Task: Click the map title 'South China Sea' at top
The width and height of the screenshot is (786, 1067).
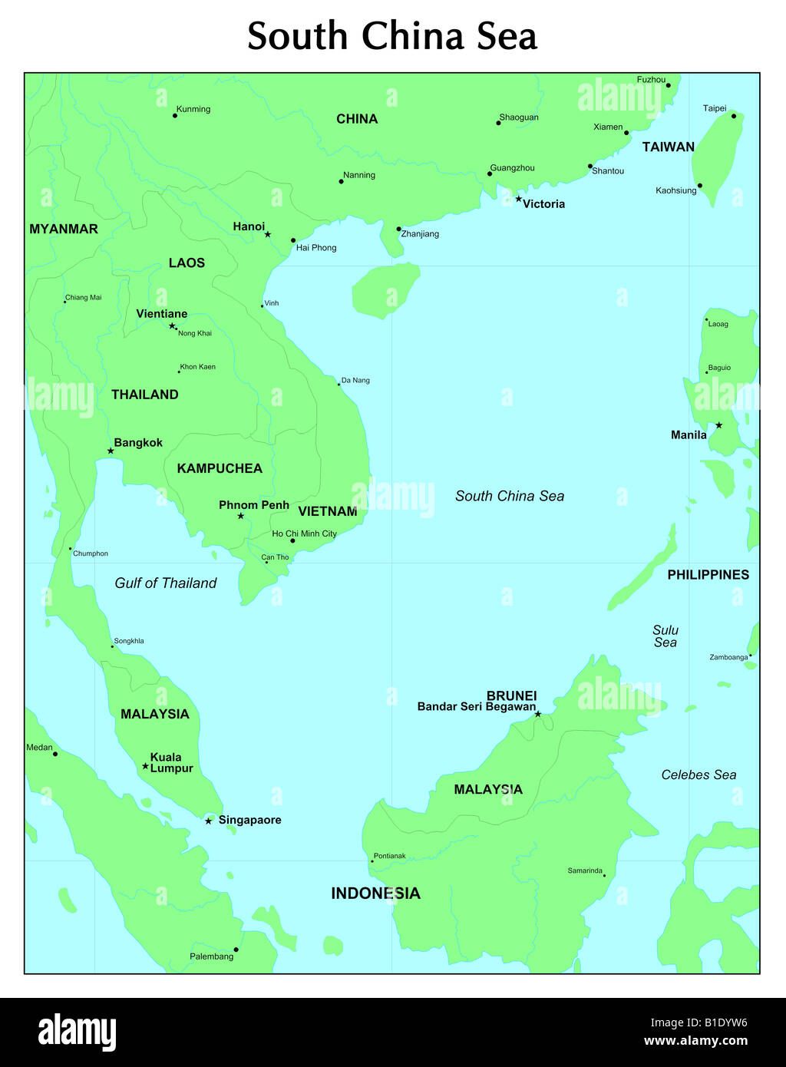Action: click(x=392, y=36)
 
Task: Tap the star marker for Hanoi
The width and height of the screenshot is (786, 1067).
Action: click(x=268, y=234)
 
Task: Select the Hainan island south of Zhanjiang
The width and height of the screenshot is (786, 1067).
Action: click(x=385, y=290)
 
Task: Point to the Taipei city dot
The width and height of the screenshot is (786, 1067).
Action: click(x=734, y=117)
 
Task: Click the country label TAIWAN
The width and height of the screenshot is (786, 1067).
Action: click(x=668, y=147)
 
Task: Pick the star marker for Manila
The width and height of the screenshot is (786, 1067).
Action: click(x=718, y=425)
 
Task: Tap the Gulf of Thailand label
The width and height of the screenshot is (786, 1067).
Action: click(x=166, y=583)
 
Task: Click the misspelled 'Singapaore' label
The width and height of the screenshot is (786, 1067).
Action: click(x=249, y=820)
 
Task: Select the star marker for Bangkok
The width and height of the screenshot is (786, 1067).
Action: click(x=111, y=451)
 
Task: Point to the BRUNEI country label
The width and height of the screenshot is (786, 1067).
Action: click(x=511, y=695)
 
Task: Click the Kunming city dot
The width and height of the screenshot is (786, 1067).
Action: click(x=175, y=116)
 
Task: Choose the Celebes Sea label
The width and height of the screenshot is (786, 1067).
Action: click(x=698, y=775)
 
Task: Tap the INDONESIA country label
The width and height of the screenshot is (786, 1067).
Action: click(x=375, y=894)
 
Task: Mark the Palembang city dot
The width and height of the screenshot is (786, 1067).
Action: click(x=236, y=950)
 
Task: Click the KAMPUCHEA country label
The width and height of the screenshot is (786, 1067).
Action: click(x=220, y=468)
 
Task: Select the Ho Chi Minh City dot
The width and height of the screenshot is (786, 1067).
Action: click(x=292, y=540)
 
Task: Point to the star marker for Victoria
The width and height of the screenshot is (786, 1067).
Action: click(x=518, y=199)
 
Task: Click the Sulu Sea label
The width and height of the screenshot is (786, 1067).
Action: click(x=665, y=636)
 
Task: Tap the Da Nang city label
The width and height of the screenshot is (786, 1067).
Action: click(x=355, y=381)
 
